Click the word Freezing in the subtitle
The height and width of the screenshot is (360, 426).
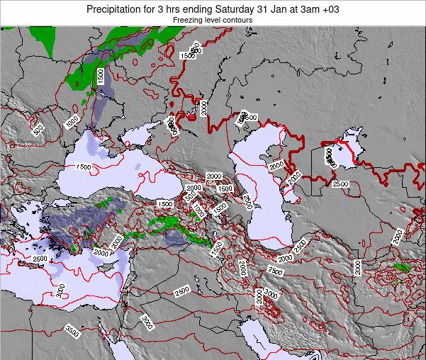pos(189,21)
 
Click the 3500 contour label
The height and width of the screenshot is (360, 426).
pos(72,330)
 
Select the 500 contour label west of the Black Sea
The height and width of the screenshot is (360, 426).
pos(38,129)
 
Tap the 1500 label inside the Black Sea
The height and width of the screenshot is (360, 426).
pos(82,167)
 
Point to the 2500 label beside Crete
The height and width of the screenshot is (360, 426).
pos(40,259)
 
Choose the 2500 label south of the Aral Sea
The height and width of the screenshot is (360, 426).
pos(340,184)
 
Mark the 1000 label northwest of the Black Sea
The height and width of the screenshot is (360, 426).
pos(72,122)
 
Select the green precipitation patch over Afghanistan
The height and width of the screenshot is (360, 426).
pos(402,268)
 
